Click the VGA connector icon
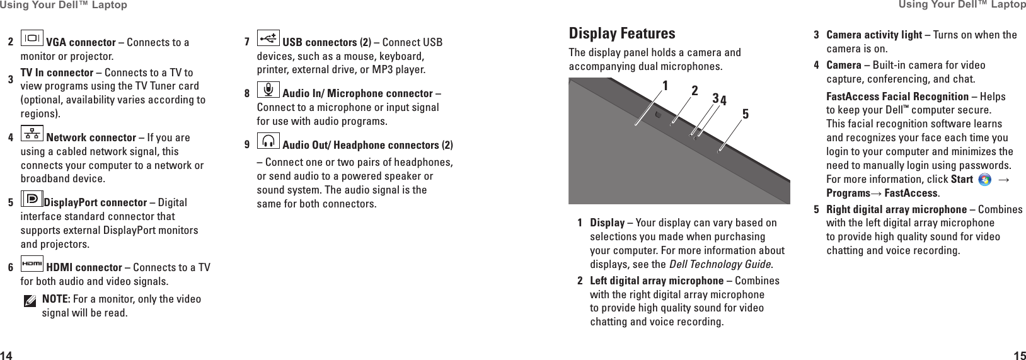tap(32, 39)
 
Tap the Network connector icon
tap(32, 134)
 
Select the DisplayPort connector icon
tap(32, 199)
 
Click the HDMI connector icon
tap(32, 264)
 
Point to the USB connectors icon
tap(268, 39)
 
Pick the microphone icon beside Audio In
tap(268, 90)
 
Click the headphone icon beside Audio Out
tap(268, 142)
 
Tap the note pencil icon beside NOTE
tap(30, 302)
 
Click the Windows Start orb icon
tap(984, 180)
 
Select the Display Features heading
tap(621, 33)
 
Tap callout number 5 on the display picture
tap(746, 114)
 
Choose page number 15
tap(1019, 355)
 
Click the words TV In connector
tap(57, 73)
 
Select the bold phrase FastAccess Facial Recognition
tap(897, 96)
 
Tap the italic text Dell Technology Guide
tap(720, 264)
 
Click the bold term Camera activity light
tap(873, 35)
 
